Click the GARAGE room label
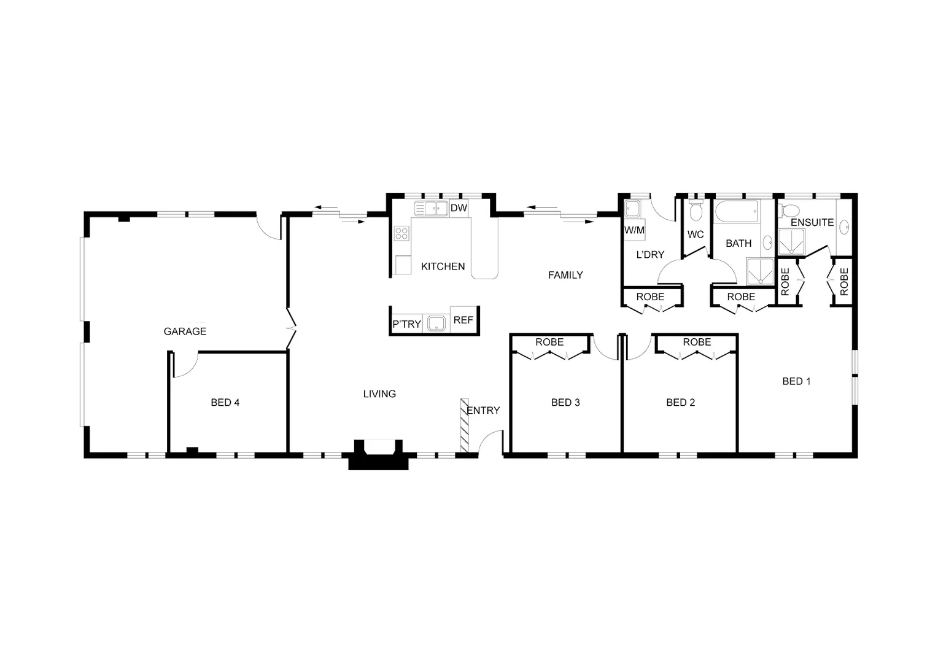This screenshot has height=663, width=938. point(185,331)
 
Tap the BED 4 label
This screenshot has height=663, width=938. point(225,403)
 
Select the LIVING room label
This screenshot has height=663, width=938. point(379,394)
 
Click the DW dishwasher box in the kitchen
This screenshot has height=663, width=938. point(459,208)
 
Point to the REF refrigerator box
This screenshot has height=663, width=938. point(463,320)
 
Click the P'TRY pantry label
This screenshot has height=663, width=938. point(406,324)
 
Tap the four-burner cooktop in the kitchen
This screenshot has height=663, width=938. point(401,233)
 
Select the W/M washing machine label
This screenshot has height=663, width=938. point(634,230)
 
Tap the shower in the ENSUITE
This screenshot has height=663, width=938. point(791,242)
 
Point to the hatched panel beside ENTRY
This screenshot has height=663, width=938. point(465,425)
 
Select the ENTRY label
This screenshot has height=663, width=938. point(483,411)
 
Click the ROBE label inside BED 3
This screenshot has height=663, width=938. point(549,343)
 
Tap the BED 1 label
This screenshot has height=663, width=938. point(796,381)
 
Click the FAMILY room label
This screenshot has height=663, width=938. point(565,275)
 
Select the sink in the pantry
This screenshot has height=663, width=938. point(436,323)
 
